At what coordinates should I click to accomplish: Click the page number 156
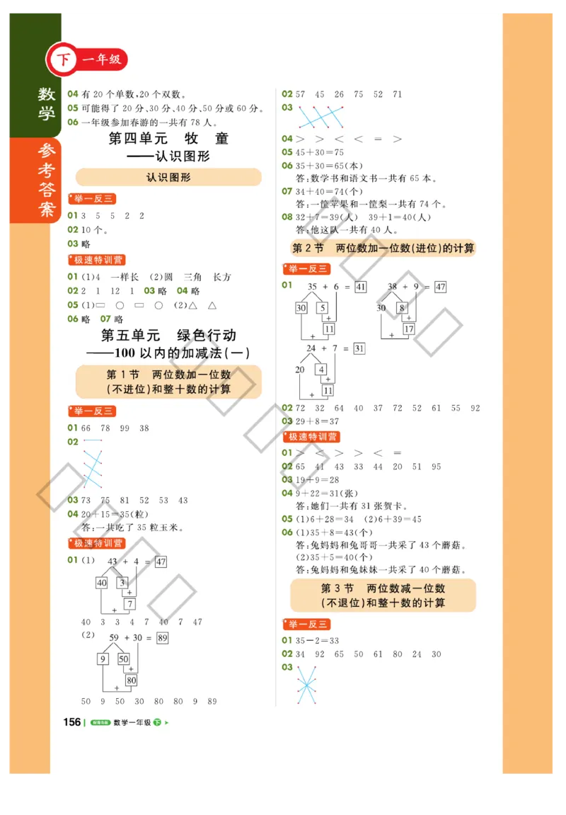72,722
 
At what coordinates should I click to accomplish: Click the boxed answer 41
361,287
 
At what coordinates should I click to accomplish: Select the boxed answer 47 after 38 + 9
440,287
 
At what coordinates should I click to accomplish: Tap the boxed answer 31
359,348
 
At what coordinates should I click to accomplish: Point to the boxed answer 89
162,638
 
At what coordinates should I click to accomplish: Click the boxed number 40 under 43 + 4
102,583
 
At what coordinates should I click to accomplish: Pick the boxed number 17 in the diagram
409,329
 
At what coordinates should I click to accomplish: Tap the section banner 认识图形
168,177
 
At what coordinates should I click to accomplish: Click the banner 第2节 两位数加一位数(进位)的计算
383,248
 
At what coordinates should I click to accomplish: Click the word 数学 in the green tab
47,104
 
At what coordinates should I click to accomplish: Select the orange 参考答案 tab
47,181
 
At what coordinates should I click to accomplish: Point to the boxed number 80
131,680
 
